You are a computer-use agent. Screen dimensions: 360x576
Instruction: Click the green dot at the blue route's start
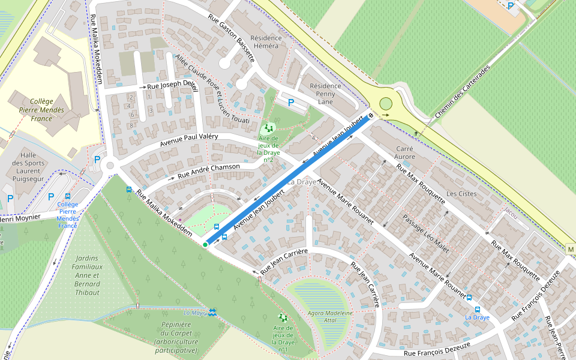coord(205,245)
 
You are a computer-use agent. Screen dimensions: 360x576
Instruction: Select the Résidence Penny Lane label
coord(325,94)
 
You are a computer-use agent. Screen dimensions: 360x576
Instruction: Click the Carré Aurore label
coord(404,152)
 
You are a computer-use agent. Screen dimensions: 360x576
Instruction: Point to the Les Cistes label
coord(461,194)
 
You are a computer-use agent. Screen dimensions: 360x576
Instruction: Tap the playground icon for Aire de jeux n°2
coord(268,128)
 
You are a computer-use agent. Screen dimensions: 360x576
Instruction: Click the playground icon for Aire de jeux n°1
coord(283,317)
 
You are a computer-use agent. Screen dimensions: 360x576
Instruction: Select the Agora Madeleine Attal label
coord(330,317)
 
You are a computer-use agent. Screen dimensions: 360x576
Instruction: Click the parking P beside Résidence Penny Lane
coord(291,103)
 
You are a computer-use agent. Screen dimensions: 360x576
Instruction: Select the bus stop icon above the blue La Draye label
coord(469,297)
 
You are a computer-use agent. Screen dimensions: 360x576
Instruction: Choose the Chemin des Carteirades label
coord(462,91)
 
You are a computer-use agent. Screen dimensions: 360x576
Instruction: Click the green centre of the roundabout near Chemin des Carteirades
coord(385,104)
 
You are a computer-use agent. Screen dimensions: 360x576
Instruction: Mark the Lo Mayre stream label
coord(195,313)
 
